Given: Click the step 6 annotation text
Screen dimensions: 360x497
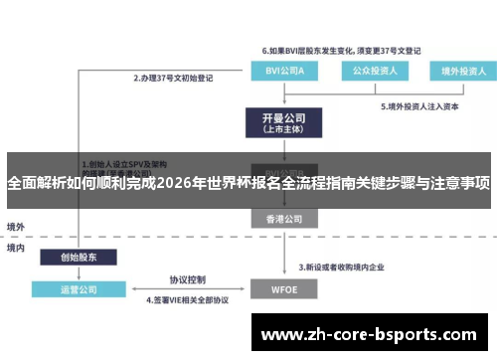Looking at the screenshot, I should (x=327, y=50).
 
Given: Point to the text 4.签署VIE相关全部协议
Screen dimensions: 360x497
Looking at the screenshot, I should (x=188, y=300).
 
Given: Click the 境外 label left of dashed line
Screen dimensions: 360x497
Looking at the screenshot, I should (x=16, y=226).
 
